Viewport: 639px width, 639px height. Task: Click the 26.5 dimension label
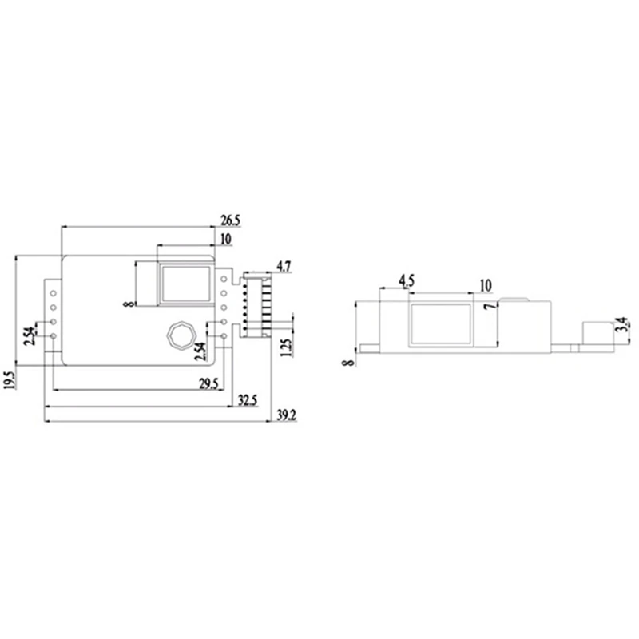point(230,220)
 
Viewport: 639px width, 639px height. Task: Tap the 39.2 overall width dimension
point(284,416)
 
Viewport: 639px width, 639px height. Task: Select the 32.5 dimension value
point(248,400)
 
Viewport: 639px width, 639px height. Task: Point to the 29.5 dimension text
point(209,384)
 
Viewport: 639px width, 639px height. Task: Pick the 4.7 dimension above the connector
point(284,265)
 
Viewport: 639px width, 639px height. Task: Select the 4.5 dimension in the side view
point(406,281)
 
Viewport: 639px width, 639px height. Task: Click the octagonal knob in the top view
point(177,335)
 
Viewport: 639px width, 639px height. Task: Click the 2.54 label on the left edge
point(30,336)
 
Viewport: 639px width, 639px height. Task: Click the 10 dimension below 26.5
point(225,239)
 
